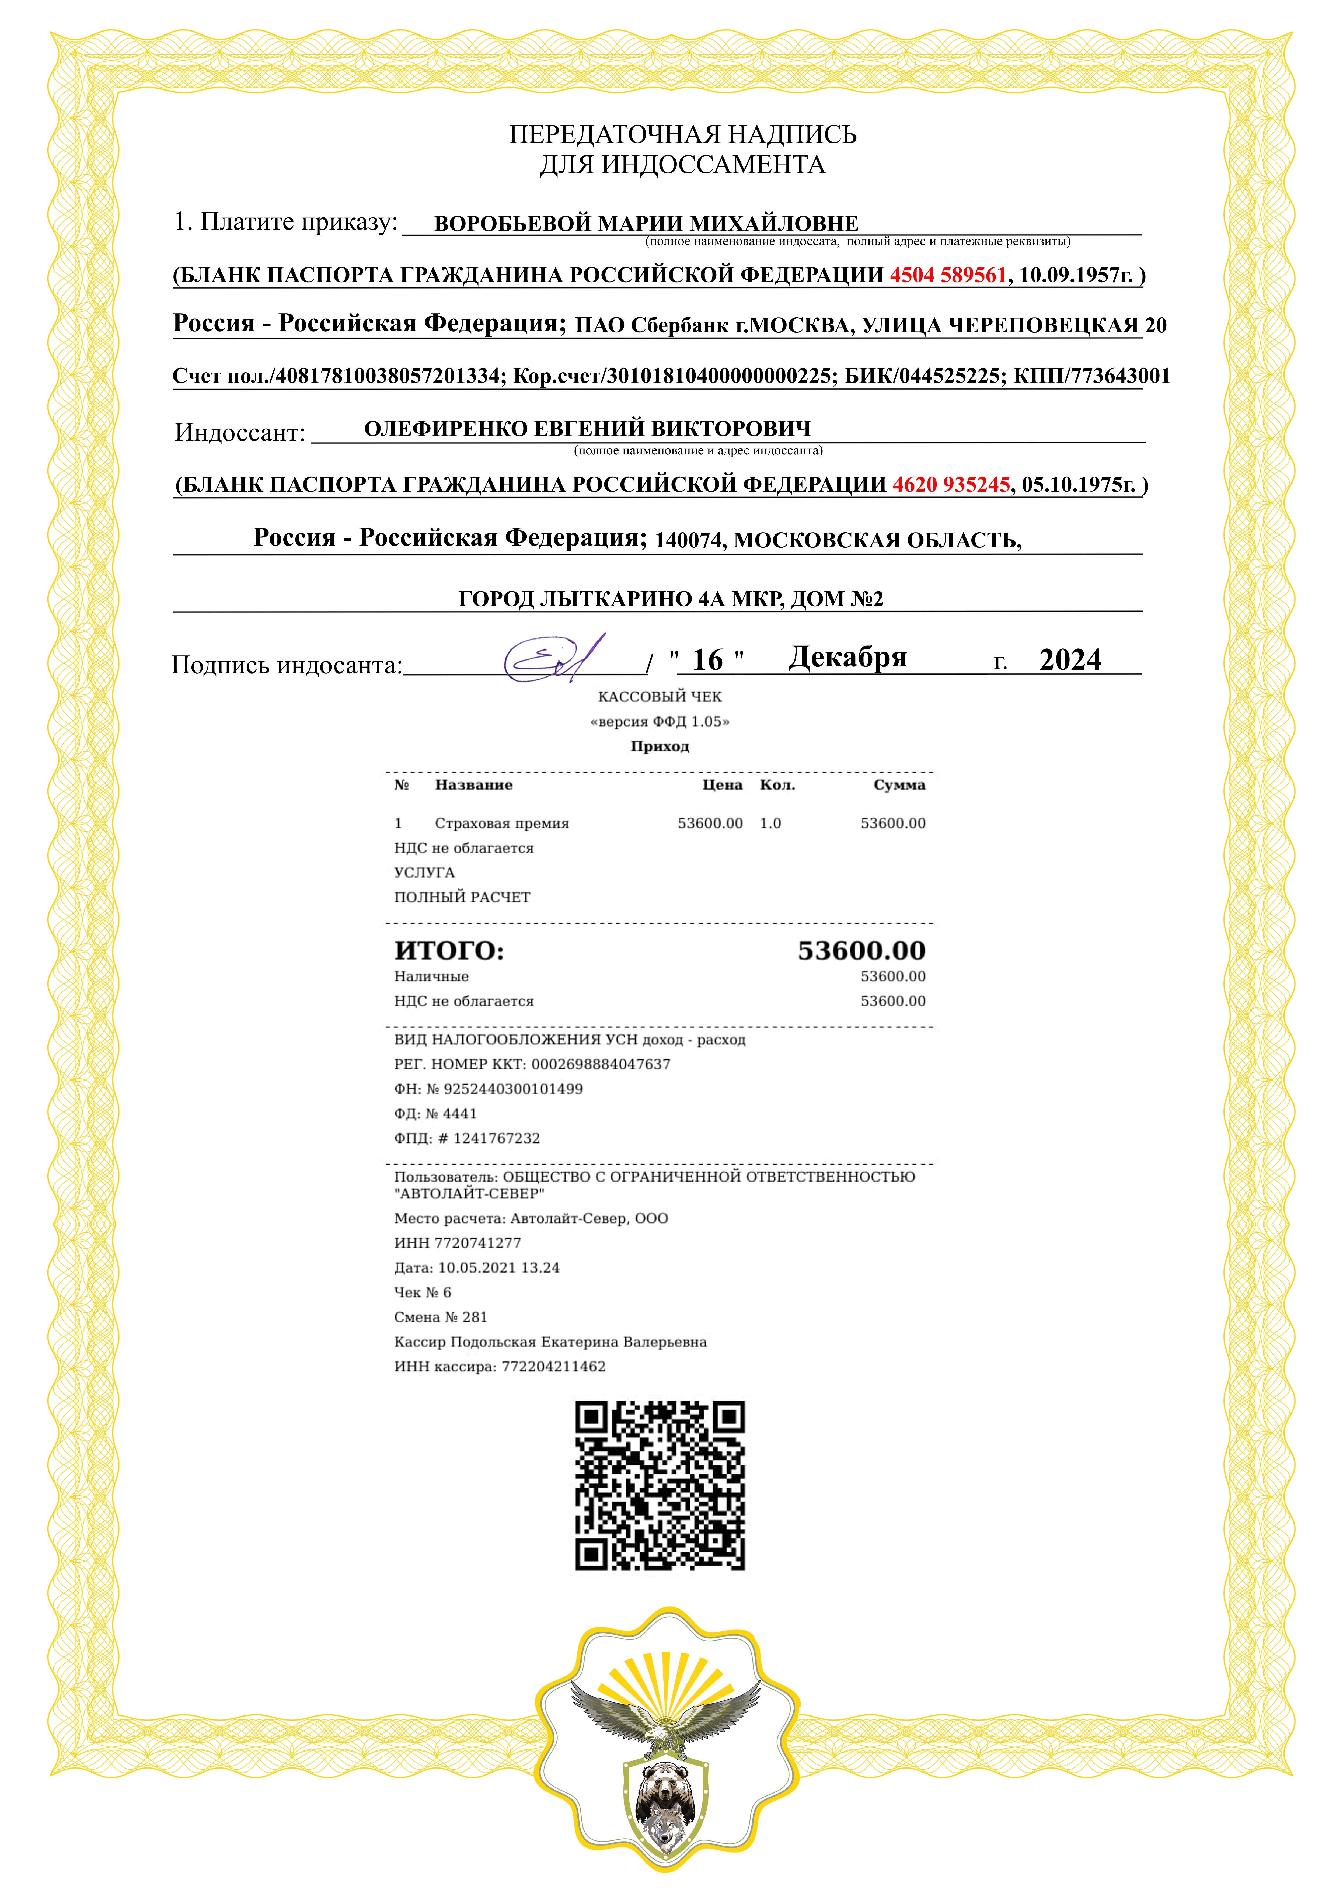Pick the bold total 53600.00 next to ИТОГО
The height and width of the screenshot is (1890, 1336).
(861, 951)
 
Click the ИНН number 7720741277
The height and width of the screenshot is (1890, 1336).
(477, 1243)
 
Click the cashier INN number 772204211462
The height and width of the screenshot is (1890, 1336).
(553, 1367)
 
